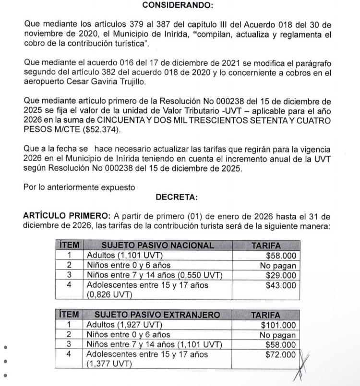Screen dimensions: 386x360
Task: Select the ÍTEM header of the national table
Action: [68, 246]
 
